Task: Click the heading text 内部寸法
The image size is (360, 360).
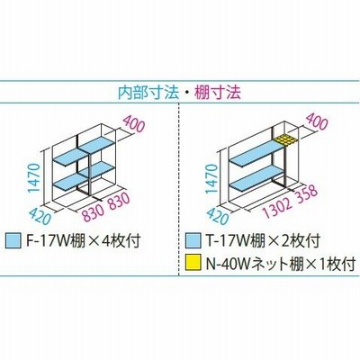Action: point(148,93)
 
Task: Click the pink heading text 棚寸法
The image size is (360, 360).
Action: point(218,93)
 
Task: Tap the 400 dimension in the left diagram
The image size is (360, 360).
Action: point(134,124)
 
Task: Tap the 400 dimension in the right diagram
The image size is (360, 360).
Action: point(316,121)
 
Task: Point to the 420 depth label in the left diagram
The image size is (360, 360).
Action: point(40,215)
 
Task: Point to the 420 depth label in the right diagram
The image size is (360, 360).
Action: point(217,215)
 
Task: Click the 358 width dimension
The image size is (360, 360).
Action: point(305,193)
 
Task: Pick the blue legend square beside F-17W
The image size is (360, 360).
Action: point(13,241)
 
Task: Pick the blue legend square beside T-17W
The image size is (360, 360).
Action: point(193,241)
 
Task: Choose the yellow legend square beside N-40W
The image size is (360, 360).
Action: point(193,263)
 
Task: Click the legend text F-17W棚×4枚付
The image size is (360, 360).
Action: point(83,241)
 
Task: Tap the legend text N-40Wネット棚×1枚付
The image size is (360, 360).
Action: point(281,264)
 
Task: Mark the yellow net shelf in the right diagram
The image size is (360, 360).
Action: point(286,139)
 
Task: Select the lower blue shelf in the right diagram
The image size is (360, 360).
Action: point(256,178)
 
